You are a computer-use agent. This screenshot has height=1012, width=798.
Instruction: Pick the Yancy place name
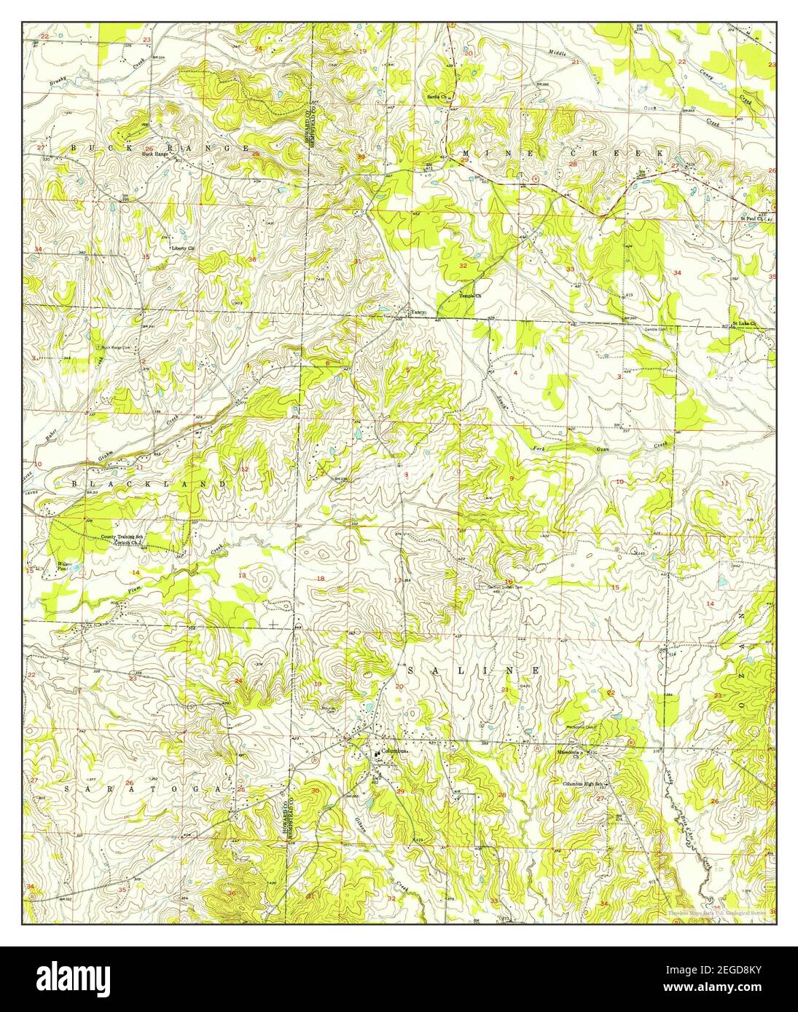tap(417, 313)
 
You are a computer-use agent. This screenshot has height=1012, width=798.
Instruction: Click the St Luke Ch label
tap(744, 323)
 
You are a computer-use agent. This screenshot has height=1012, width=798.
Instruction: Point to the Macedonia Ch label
tap(567, 751)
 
